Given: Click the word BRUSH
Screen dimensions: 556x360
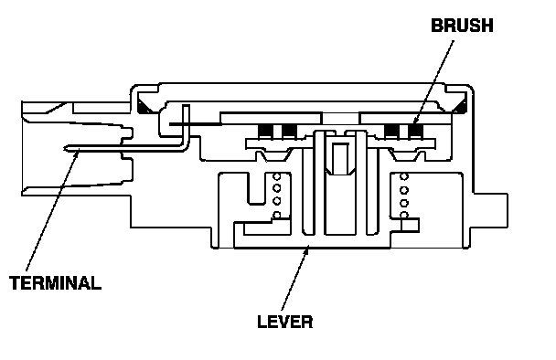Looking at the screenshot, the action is pyautogui.click(x=462, y=26).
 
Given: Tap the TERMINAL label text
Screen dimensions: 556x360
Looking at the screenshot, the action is pyautogui.click(x=55, y=282).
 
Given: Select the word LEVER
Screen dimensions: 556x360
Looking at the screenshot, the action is pyautogui.click(x=285, y=322).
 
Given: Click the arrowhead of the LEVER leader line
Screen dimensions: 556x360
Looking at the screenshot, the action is pyautogui.click(x=307, y=249).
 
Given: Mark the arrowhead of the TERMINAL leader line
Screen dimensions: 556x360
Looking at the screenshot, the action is pyautogui.click(x=77, y=152).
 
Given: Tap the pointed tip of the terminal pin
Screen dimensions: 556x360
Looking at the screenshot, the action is pyautogui.click(x=64, y=148).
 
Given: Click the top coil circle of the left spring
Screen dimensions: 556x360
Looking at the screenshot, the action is pyautogui.click(x=277, y=176).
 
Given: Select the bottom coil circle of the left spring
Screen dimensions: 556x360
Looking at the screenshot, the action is pyautogui.click(x=277, y=215).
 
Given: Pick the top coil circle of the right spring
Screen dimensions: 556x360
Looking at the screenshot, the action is pyautogui.click(x=404, y=176).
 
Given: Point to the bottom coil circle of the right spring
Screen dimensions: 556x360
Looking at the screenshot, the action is pyautogui.click(x=404, y=215).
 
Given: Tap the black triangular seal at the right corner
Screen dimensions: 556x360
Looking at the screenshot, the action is pyautogui.click(x=460, y=107).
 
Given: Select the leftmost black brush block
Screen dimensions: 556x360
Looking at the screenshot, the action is pyautogui.click(x=265, y=132).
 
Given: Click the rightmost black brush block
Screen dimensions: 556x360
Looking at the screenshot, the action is pyautogui.click(x=415, y=131).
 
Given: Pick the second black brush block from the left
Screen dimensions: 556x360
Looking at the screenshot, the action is pyautogui.click(x=289, y=132).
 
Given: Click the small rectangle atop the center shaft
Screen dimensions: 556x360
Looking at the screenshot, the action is pyautogui.click(x=341, y=158).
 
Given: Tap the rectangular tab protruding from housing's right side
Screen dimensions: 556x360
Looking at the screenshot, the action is pyautogui.click(x=491, y=210).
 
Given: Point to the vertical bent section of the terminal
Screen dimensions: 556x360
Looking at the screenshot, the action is pyautogui.click(x=186, y=126).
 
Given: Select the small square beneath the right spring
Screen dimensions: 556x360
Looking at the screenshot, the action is pyautogui.click(x=410, y=225).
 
